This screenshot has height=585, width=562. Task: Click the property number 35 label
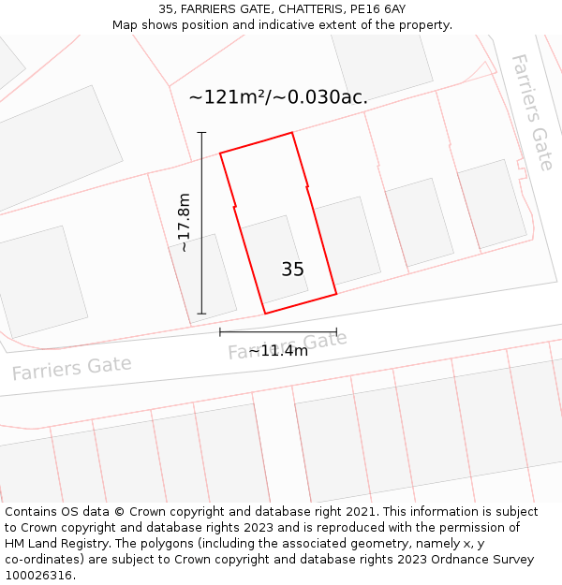point(292,270)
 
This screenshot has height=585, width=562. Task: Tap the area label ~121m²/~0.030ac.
point(277,96)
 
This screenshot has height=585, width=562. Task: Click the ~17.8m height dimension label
point(184,223)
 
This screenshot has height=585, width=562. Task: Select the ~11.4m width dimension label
point(278,351)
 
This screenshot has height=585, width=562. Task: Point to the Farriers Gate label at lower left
point(71,368)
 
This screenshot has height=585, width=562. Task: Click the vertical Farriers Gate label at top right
point(531,111)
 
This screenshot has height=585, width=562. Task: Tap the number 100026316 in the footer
point(38,575)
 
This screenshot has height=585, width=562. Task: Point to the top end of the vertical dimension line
point(201,133)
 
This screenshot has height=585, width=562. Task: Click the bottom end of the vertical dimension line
point(201,314)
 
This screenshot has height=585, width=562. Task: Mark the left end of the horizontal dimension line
point(220,331)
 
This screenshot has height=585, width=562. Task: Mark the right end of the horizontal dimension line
point(336,331)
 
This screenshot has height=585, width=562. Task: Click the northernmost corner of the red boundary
point(292,132)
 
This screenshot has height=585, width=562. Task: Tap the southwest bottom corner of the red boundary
point(265,314)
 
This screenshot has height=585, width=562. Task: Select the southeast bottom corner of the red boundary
point(336,294)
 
